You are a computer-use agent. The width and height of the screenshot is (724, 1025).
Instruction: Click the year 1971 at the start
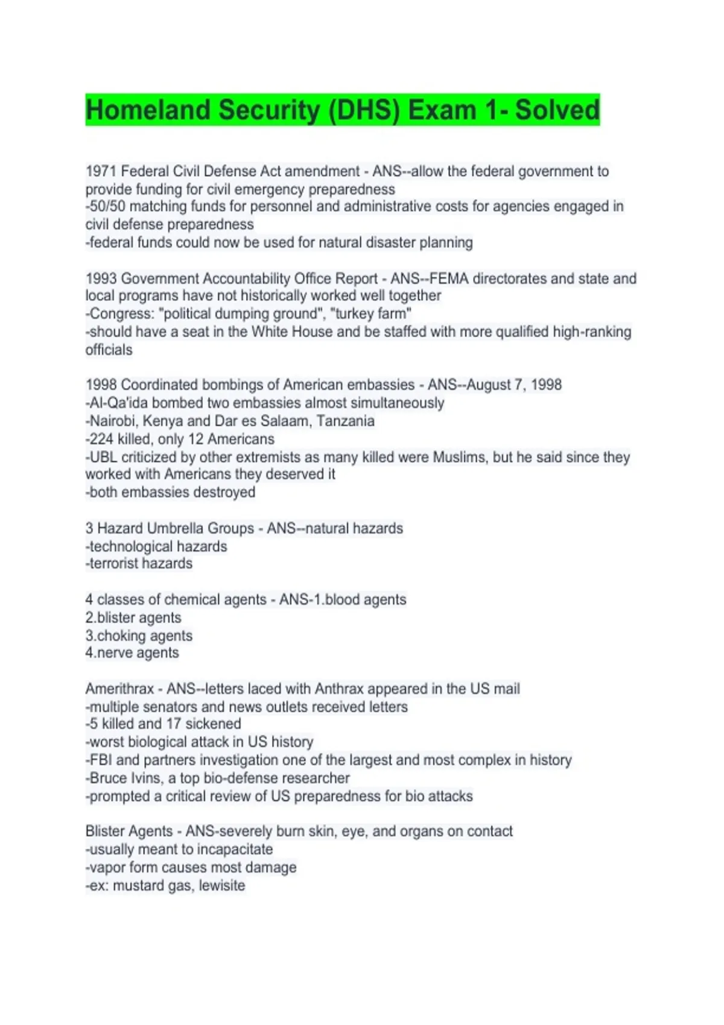coord(101,171)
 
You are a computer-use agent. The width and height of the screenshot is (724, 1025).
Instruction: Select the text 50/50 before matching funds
coord(107,207)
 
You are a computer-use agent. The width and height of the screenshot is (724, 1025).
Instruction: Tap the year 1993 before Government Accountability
coord(101,279)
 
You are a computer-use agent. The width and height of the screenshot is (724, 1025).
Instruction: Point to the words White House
coord(289,332)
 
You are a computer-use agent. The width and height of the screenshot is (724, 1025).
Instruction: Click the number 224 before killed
coord(101,439)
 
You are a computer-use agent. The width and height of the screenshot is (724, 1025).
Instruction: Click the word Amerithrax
coord(119,689)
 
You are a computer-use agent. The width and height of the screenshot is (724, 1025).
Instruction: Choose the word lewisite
coord(222,885)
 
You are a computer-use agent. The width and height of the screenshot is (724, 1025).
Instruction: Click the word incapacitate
coord(235,849)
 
